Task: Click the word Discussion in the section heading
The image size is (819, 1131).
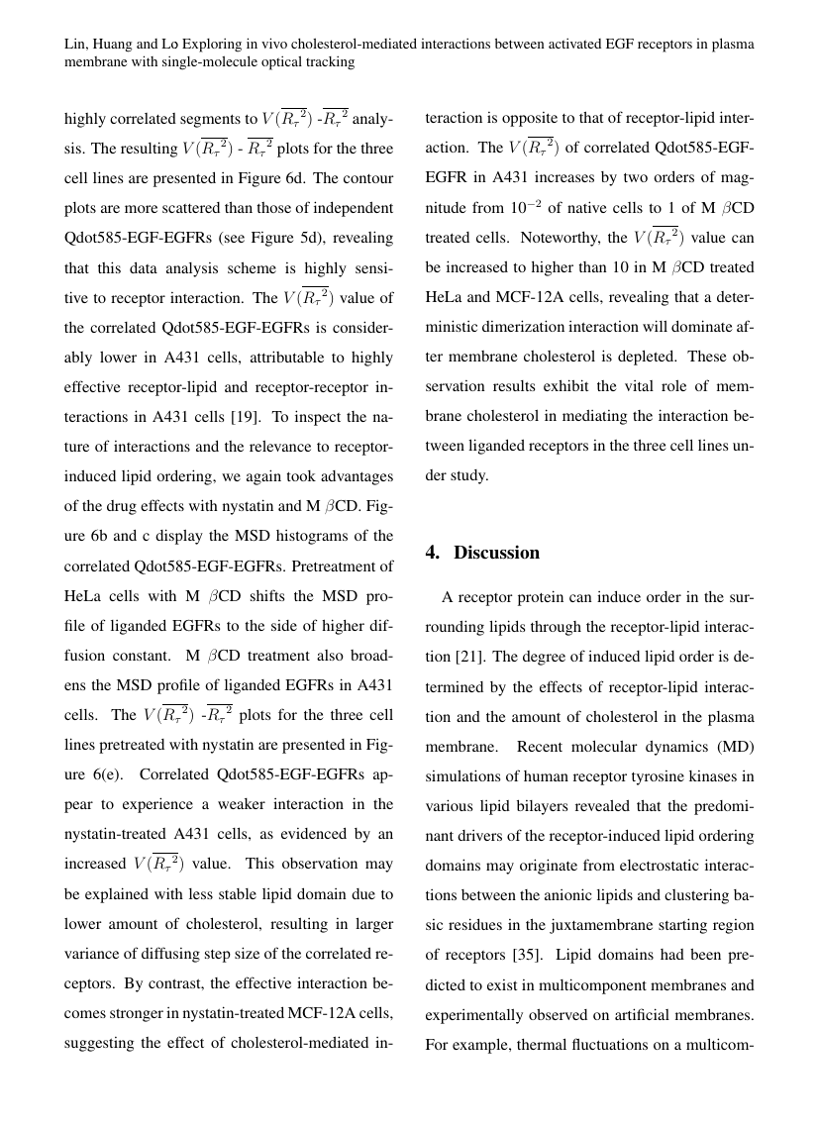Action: click(496, 553)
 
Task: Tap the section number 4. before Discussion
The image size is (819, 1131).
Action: click(433, 553)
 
